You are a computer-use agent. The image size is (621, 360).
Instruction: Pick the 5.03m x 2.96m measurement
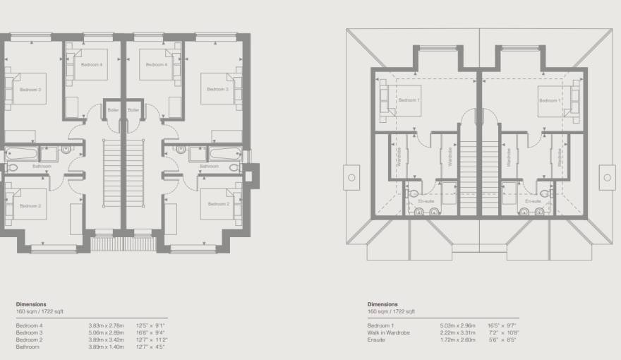456,325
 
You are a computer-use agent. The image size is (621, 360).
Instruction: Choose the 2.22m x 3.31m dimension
456,332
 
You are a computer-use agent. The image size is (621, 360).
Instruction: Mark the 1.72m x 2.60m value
456,340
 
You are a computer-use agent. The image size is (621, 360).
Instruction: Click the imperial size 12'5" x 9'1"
150,325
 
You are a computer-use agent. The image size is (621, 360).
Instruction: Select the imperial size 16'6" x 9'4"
150,332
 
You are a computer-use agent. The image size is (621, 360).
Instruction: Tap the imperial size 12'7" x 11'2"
151,340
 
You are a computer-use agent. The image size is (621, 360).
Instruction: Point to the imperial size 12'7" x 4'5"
150,347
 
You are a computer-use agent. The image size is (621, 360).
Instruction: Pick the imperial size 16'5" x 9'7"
502,325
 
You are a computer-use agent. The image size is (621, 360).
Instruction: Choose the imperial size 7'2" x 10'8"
502,332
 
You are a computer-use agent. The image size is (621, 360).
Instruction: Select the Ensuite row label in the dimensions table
376,340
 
